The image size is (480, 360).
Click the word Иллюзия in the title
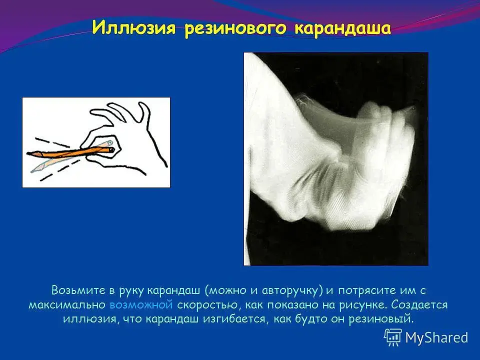click(134, 28)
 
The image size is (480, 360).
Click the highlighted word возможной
click(141, 305)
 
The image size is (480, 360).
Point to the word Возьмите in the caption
click(78, 290)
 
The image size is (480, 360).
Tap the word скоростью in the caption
click(207, 305)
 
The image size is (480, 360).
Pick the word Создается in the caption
click(419, 305)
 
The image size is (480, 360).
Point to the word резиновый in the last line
click(381, 319)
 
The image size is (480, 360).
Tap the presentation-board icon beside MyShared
click(393, 337)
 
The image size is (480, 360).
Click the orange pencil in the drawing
click(70, 152)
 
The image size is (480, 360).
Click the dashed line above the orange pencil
click(52, 142)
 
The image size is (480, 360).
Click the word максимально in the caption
click(67, 305)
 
